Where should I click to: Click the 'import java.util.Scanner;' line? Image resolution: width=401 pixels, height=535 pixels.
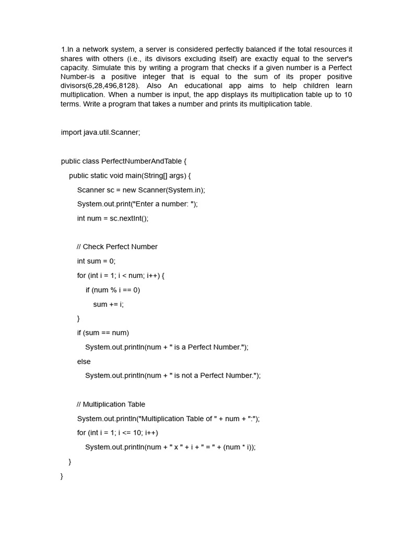100,133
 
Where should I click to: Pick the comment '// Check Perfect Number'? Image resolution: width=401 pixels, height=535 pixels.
117,247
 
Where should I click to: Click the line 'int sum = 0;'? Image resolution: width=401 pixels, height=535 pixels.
96,261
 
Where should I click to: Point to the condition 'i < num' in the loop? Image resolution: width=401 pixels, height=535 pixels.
131,275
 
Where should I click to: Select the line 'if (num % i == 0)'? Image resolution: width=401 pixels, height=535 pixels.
113,290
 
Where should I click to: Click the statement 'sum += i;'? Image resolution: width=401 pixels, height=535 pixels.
109,304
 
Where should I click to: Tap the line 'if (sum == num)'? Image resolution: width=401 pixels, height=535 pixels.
103,333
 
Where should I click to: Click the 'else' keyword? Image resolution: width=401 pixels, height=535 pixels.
84,362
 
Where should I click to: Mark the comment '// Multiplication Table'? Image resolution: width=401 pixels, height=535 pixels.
111,404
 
